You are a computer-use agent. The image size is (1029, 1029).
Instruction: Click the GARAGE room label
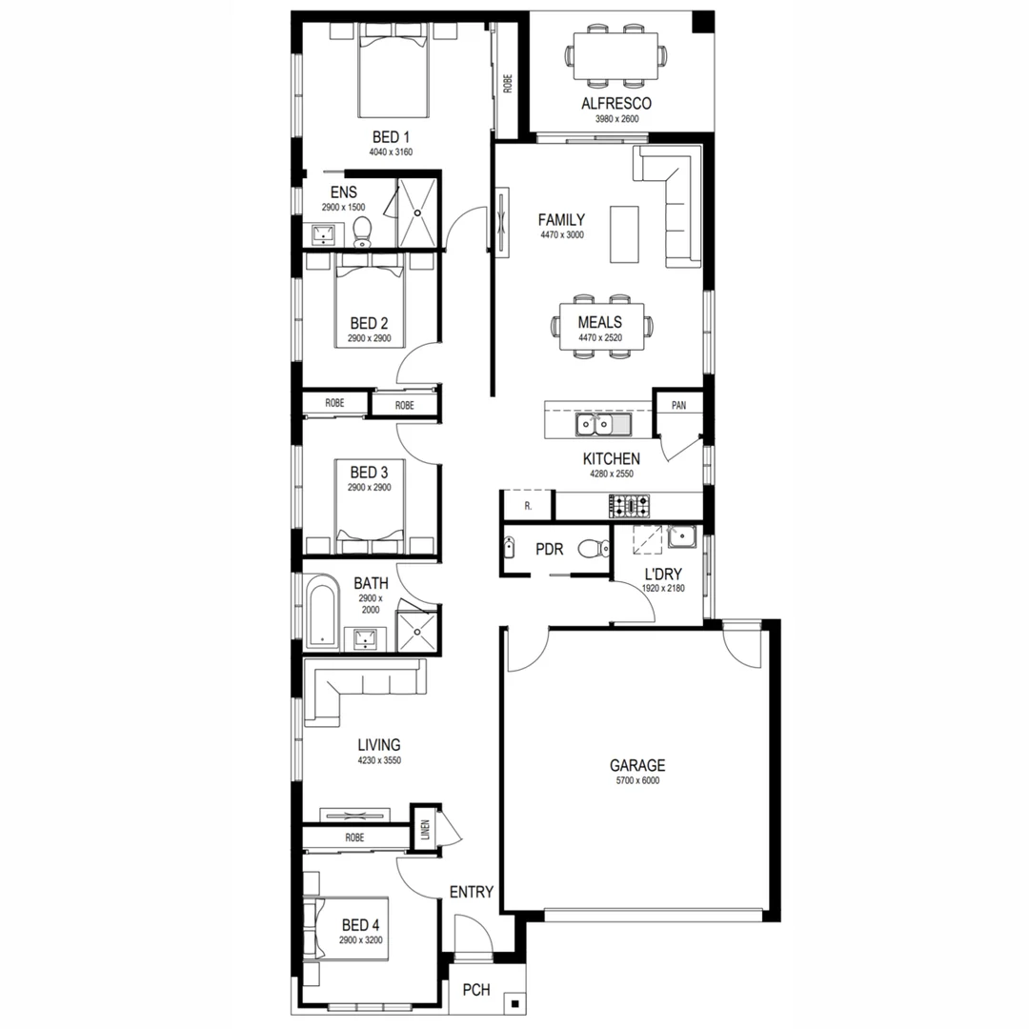point(637,765)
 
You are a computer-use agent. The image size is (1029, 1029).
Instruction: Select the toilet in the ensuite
point(362,231)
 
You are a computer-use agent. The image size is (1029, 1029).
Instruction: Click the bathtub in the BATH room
point(322,613)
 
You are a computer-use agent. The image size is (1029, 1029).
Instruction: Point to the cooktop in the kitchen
point(630,504)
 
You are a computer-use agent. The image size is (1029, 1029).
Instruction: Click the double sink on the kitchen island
point(601,422)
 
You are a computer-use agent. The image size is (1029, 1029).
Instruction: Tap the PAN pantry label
point(678,405)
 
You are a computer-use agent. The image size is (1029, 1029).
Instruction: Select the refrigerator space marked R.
point(527,506)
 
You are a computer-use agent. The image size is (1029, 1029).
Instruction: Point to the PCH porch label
point(476,990)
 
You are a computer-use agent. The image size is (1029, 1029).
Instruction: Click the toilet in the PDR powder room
point(597,548)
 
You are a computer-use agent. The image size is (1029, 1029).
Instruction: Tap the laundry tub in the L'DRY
point(682,538)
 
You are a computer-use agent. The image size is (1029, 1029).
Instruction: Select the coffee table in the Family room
point(625,233)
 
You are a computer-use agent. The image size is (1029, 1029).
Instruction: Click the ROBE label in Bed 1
point(509,84)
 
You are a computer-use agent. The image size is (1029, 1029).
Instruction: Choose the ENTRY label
point(471,893)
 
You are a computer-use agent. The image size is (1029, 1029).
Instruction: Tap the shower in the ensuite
point(417,212)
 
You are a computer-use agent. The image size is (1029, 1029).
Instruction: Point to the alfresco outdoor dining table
point(616,57)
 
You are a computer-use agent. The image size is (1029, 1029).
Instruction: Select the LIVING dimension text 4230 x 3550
point(378,761)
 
